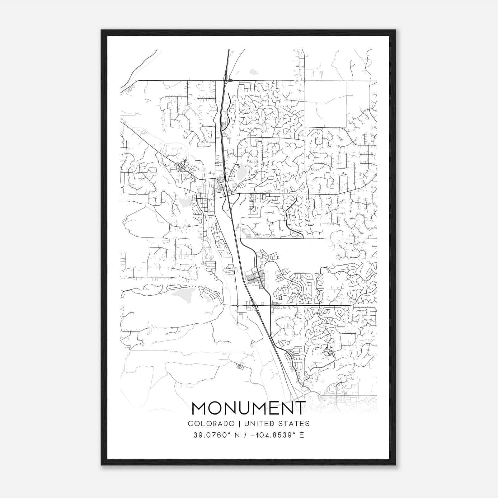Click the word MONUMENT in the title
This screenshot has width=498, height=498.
click(249, 408)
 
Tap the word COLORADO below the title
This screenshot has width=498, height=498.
click(211, 424)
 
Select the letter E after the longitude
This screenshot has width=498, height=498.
click(301, 435)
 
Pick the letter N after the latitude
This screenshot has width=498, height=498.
click(237, 435)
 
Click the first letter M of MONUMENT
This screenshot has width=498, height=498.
click(200, 408)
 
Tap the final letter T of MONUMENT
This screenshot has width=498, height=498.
click(301, 408)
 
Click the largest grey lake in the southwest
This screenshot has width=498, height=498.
click(184, 294)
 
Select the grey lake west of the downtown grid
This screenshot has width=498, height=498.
click(185, 202)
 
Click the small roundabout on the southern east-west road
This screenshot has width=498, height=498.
click(237, 306)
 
